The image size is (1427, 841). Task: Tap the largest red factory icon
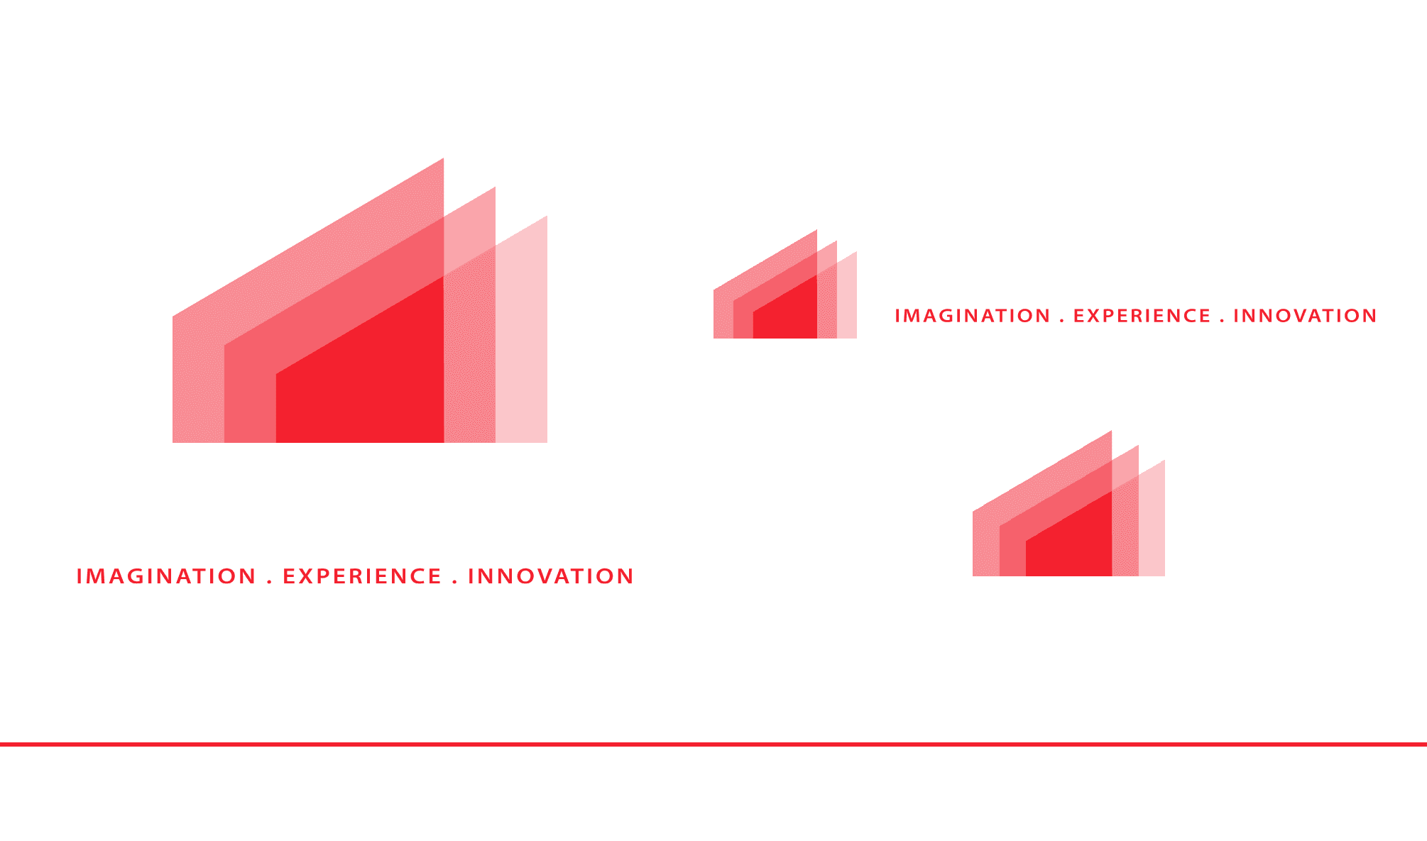[360, 334]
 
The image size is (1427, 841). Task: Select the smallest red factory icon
[785, 298]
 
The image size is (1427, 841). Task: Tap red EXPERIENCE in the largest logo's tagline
[362, 576]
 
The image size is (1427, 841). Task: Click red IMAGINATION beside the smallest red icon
[972, 316]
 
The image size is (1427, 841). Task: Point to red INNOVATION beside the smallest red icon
[1305, 316]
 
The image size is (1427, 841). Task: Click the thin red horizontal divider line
[713, 744]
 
